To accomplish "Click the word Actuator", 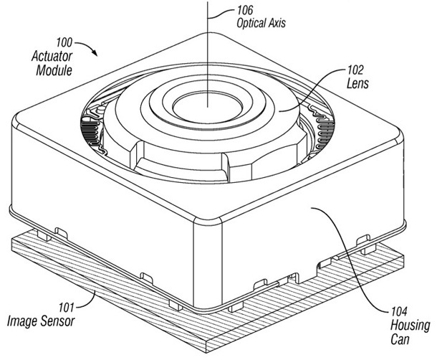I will click(54, 57).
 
